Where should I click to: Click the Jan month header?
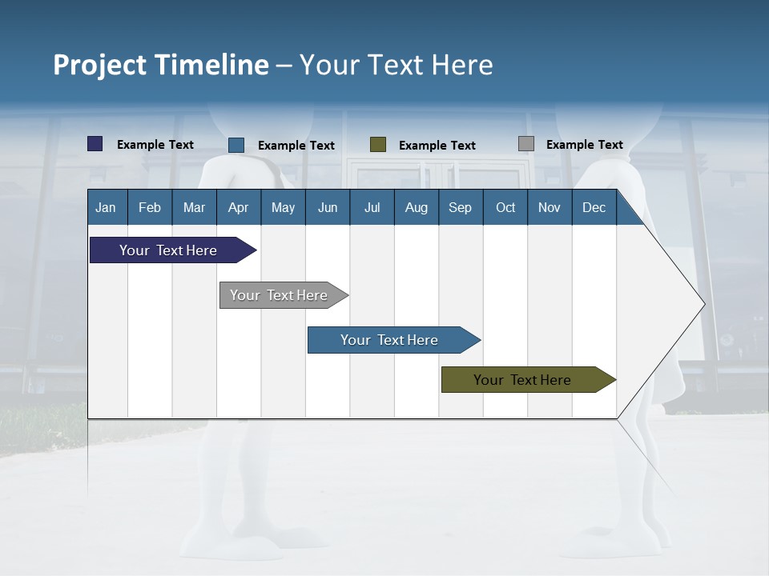(x=106, y=207)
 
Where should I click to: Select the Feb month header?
(x=150, y=207)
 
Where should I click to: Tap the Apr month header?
(x=238, y=207)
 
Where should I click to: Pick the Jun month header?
(x=328, y=207)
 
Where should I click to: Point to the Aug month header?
(x=416, y=207)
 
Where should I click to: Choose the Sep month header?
(x=460, y=207)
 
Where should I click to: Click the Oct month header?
(x=505, y=207)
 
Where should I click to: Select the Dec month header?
(x=594, y=207)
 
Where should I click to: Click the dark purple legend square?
(x=95, y=144)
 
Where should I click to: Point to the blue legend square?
(x=236, y=145)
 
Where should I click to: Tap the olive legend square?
(x=378, y=144)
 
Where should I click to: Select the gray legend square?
(x=526, y=144)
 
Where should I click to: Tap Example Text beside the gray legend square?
(x=584, y=145)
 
